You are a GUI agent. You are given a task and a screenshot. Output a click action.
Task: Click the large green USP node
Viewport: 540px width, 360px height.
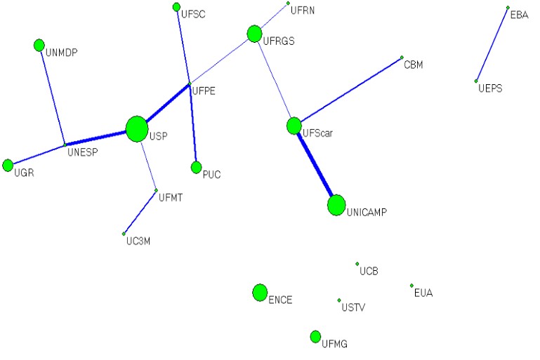tap(137, 129)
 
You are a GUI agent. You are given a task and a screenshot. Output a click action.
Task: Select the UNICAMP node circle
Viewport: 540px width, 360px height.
tap(336, 205)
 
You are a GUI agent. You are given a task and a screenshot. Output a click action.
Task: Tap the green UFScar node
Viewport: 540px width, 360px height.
tap(294, 126)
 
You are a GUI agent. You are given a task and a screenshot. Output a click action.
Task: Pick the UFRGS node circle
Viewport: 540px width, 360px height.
tap(254, 33)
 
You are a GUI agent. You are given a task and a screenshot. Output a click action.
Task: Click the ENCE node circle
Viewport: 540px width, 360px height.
tap(260, 293)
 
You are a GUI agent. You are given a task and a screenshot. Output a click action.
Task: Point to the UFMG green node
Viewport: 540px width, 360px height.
tap(315, 337)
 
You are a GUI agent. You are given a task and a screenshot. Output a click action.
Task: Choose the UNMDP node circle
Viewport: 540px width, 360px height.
tap(39, 46)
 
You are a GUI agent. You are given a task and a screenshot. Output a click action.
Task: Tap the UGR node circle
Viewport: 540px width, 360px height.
tap(8, 165)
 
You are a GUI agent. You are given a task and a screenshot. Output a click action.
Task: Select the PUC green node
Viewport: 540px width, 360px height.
tap(196, 167)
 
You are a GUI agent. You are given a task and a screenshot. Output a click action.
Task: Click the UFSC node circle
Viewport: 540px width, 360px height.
tap(176, 7)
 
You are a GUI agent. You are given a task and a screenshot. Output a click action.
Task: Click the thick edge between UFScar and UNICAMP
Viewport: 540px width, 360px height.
tap(315, 166)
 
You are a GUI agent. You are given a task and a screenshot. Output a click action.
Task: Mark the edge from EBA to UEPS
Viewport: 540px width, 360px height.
tap(492, 44)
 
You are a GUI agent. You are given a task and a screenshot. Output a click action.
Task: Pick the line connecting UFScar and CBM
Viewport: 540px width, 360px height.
tap(348, 92)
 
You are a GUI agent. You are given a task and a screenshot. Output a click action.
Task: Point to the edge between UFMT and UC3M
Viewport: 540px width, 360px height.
tap(140, 212)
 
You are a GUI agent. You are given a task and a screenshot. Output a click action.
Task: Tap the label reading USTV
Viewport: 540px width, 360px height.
tap(353, 307)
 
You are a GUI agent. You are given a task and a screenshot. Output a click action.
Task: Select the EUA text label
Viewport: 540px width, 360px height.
tap(423, 293)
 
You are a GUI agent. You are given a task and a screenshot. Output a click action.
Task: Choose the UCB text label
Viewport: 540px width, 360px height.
tap(369, 271)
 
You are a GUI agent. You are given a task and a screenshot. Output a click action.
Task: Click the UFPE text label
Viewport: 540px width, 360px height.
tap(203, 91)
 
